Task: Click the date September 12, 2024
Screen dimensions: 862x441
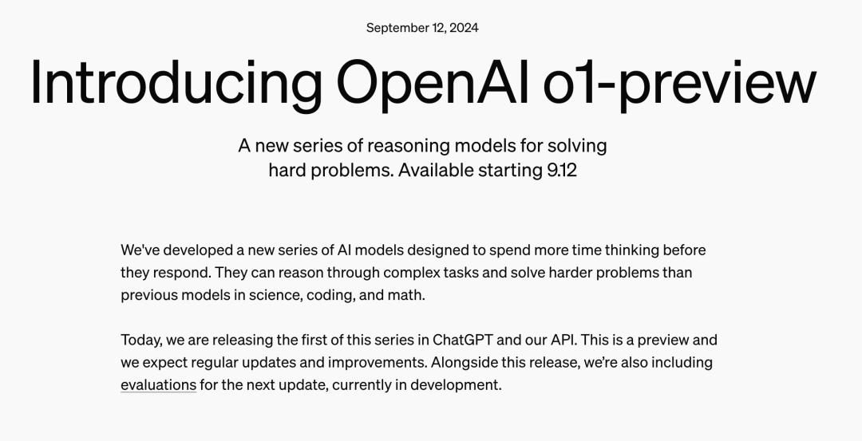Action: (x=422, y=28)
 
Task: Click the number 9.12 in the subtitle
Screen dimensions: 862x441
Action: (x=562, y=170)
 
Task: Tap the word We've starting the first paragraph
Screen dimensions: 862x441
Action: (x=140, y=250)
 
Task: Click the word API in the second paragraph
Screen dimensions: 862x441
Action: (x=564, y=340)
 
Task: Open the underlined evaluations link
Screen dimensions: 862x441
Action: (x=158, y=385)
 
